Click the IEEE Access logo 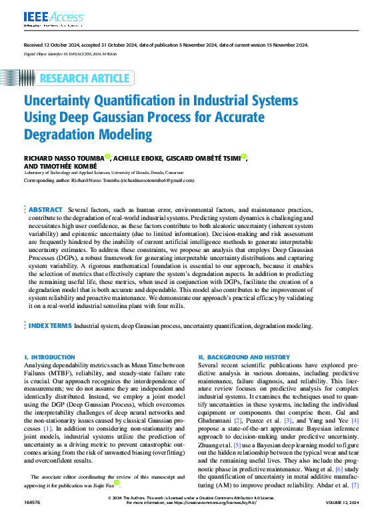click(x=44, y=17)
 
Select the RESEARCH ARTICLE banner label click(x=84, y=79)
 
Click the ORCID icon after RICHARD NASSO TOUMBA click(x=107, y=157)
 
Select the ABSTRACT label click(x=45, y=209)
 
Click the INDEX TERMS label click(x=50, y=326)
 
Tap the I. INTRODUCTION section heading click(x=49, y=357)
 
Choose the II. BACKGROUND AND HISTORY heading click(x=244, y=357)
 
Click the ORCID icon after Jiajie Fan click(x=118, y=484)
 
